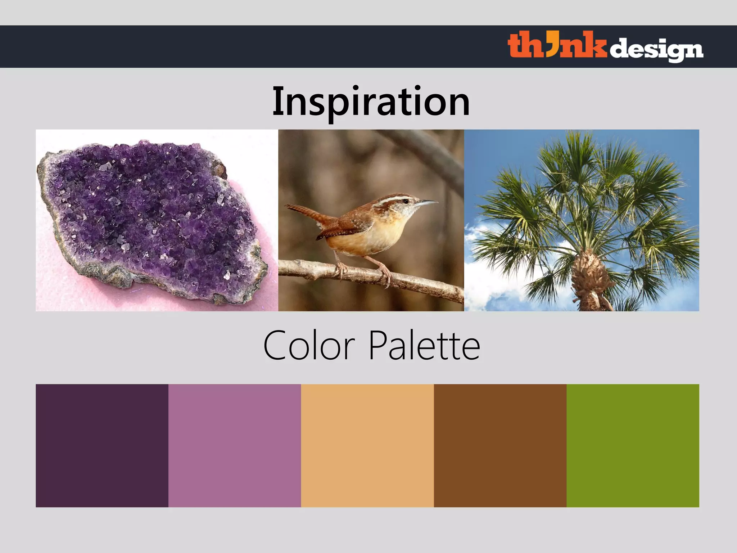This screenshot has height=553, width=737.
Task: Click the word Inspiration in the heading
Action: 371,102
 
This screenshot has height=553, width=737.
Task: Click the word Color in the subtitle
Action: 309,346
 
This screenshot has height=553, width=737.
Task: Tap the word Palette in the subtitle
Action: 424,346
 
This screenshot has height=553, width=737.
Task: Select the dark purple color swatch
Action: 102,445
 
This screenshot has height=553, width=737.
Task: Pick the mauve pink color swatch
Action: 235,445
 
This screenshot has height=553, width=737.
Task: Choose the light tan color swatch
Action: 367,445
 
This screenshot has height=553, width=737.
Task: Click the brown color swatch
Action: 500,445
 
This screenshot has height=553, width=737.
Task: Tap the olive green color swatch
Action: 633,445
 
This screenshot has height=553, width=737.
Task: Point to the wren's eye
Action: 406,201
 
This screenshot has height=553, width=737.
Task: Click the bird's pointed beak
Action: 426,203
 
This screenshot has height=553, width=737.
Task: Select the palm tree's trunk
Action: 590,281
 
